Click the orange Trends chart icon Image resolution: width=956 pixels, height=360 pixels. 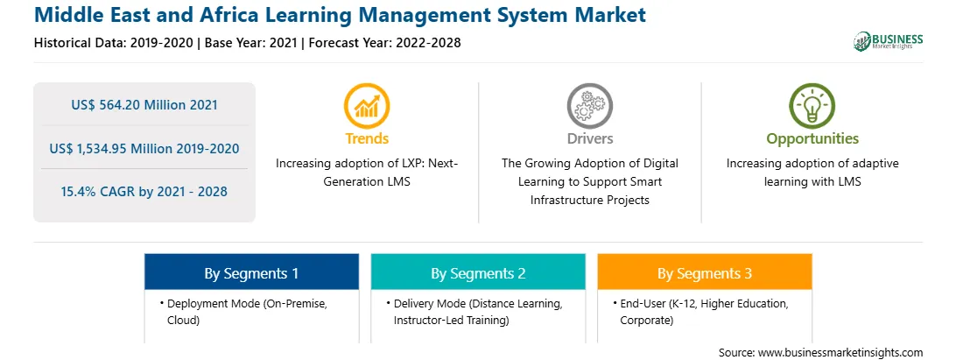(x=367, y=106)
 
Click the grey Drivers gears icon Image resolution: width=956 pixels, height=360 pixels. (x=589, y=106)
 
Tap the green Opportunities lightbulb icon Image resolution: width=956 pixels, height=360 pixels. (x=812, y=106)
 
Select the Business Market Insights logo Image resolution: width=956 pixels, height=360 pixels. (x=888, y=41)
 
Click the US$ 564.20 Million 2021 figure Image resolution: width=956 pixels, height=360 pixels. (x=144, y=105)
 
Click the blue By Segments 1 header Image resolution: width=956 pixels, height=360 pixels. (x=251, y=272)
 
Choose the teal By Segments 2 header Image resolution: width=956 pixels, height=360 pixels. (x=478, y=272)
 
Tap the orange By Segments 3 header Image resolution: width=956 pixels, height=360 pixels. (x=704, y=272)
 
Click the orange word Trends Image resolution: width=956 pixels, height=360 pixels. (x=367, y=138)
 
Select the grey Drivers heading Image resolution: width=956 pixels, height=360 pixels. (x=589, y=138)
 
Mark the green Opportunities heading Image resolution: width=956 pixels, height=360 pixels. (x=812, y=138)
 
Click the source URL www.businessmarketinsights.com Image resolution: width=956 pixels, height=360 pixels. (x=840, y=352)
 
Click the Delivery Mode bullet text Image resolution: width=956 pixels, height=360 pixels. (x=478, y=311)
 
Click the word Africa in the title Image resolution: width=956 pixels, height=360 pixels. (x=195, y=13)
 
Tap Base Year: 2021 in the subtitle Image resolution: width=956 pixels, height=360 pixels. (x=251, y=43)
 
